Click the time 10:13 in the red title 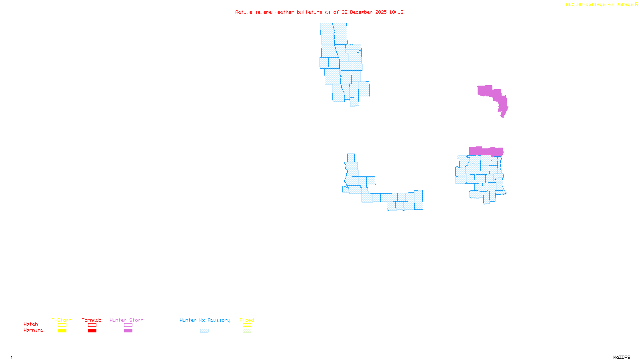(396, 12)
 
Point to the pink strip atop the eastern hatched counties (486, 151)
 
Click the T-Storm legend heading (62, 320)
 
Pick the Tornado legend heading (92, 320)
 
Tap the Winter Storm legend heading (126, 320)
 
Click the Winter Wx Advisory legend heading (205, 320)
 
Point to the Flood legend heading (247, 320)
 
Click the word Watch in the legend (31, 324)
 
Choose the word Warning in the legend (33, 330)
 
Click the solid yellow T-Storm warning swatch (62, 331)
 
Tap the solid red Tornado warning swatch (92, 331)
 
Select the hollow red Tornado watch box (92, 325)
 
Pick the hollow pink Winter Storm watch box (128, 325)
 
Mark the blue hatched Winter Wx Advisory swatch (204, 331)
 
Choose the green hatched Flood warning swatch (247, 331)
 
